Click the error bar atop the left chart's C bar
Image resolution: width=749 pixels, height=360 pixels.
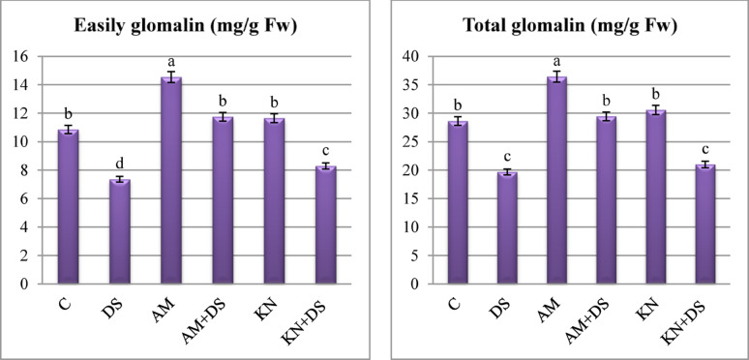click(x=67, y=130)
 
